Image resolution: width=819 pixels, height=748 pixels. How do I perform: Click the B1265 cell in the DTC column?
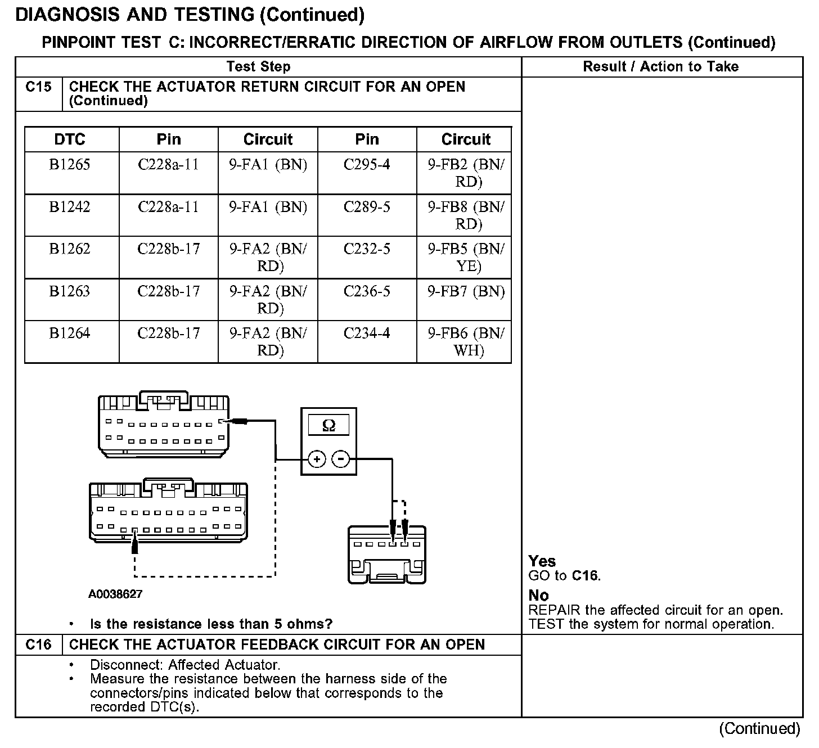click(70, 165)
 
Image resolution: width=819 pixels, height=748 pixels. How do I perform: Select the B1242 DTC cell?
click(70, 207)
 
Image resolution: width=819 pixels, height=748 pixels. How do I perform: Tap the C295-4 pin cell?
click(367, 165)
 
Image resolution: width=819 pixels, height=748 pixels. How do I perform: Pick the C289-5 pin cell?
click(367, 207)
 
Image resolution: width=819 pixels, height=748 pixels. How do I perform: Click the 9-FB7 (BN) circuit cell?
click(466, 291)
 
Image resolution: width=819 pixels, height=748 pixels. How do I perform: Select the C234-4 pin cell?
click(367, 334)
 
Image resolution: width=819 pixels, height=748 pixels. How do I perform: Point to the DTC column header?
click(70, 139)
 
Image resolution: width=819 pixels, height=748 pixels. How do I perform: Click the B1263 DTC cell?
click(70, 291)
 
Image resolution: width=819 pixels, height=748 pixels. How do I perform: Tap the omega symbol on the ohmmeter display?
click(328, 426)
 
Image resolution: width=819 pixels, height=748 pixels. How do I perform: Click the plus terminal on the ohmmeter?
click(317, 459)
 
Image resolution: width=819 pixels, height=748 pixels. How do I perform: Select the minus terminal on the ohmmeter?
click(340, 459)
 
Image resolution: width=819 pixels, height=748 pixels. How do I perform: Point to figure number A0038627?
click(115, 594)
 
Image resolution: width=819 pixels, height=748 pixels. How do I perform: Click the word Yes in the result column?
click(542, 561)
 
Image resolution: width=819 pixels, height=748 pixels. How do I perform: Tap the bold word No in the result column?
click(538, 596)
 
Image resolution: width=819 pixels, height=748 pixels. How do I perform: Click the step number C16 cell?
click(38, 645)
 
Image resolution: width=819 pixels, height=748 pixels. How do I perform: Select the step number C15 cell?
click(38, 87)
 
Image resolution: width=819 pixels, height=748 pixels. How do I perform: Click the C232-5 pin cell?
click(367, 249)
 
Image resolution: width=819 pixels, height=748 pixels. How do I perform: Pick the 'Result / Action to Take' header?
click(660, 67)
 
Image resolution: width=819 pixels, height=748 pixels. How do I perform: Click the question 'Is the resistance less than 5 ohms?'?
click(211, 624)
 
